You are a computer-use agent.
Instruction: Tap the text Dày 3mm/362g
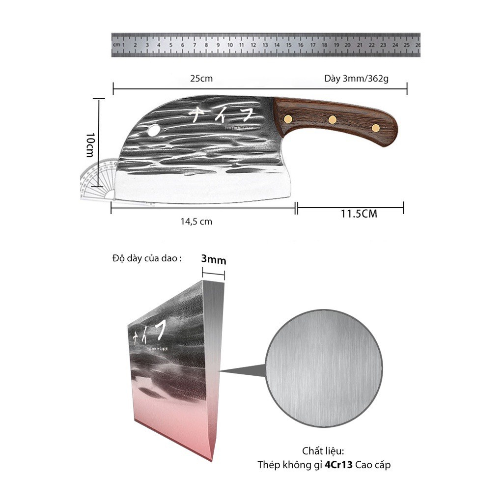[356, 79]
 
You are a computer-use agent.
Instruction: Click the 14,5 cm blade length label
[196, 222]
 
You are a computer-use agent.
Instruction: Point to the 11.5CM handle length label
[359, 214]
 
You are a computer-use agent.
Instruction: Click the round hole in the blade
[153, 131]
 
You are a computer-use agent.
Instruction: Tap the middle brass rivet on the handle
[333, 119]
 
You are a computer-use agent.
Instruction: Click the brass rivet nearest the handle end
[376, 128]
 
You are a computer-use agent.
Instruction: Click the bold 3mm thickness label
[214, 260]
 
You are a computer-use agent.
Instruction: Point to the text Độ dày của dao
[147, 259]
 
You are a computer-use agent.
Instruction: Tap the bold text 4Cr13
[338, 465]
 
